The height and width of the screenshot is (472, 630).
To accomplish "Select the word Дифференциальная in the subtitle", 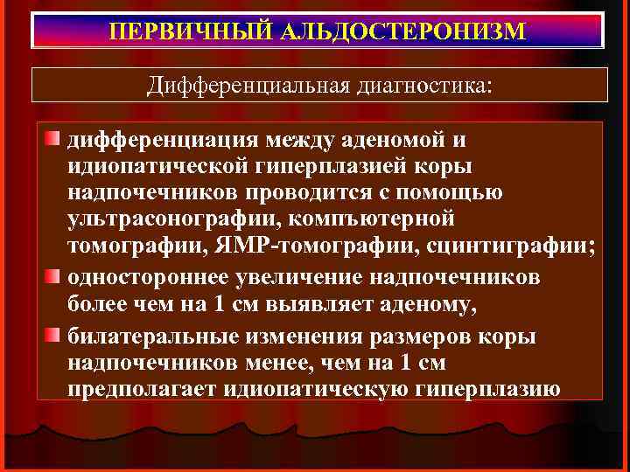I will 249,86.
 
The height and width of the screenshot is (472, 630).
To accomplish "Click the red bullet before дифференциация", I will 54,141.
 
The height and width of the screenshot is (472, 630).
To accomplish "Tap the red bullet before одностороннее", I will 54,277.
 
